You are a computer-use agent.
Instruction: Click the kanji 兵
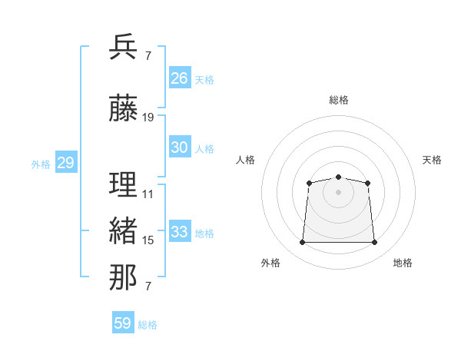point(123,47)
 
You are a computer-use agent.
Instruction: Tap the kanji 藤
point(123,108)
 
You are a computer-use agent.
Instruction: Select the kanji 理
point(123,184)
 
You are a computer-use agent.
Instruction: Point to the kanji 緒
point(123,230)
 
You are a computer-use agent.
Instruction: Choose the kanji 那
point(123,277)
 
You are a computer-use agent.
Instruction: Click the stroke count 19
point(148,118)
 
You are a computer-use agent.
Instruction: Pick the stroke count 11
point(148,194)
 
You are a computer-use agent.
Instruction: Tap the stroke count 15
point(148,240)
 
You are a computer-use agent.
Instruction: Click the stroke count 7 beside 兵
point(148,56)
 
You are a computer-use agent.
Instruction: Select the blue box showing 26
point(180,78)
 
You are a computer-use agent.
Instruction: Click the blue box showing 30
point(180,147)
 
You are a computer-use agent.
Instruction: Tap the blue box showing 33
point(180,230)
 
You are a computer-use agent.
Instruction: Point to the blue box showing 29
point(66,162)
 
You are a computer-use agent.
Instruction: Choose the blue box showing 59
point(123,322)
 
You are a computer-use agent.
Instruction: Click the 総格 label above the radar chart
point(339,100)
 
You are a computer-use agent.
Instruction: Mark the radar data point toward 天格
point(367,183)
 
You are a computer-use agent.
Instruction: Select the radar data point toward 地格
point(374,242)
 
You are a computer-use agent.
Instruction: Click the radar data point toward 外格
point(302,242)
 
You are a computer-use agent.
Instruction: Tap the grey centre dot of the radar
point(338,192)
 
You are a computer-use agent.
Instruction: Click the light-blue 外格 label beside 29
point(41,164)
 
